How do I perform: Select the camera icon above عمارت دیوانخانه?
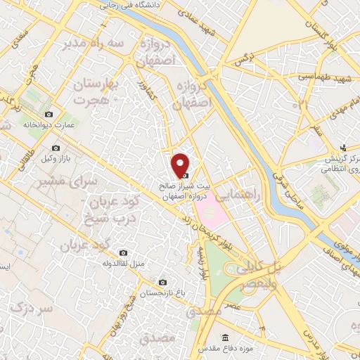click(49, 114)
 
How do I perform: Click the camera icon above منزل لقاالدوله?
click(124, 252)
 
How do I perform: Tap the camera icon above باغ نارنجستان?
click(163, 281)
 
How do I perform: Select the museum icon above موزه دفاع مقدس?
click(225, 338)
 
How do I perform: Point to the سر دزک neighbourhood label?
click(34, 309)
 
